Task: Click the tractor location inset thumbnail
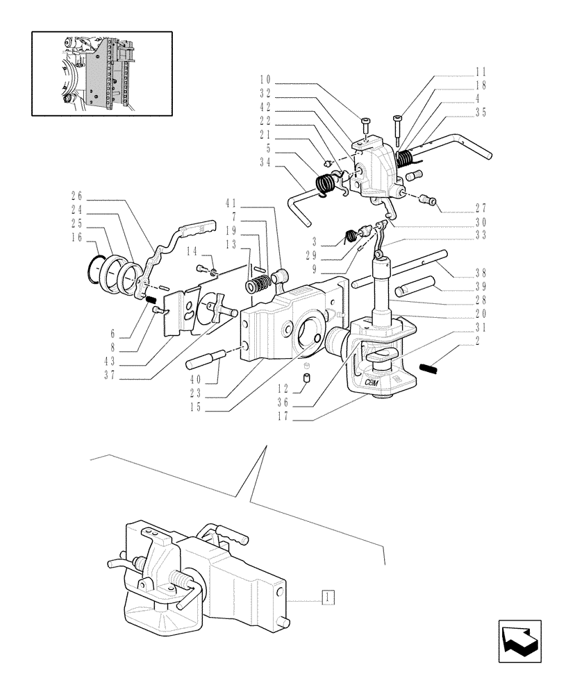102,73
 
